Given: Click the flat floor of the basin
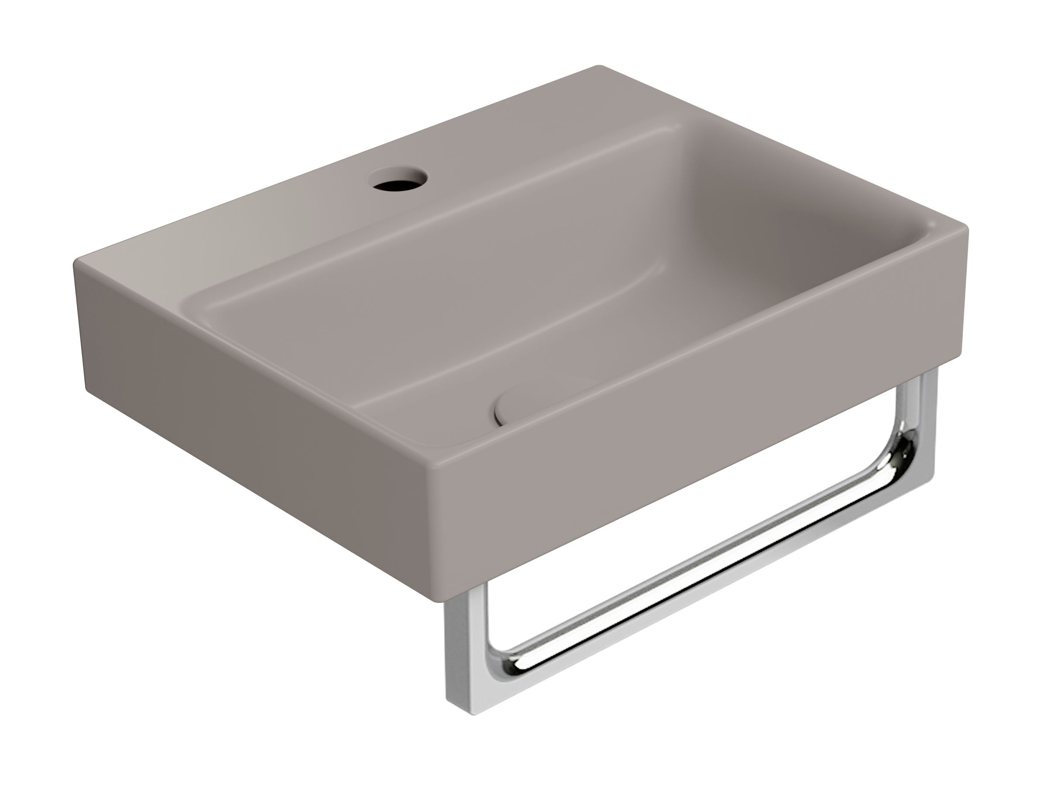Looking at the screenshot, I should coord(426,346).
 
